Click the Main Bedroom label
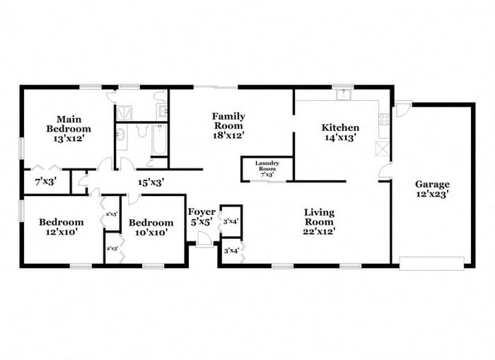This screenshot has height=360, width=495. [69, 124]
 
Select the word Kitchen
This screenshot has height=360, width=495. [340, 128]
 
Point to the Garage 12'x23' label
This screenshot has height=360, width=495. [432, 188]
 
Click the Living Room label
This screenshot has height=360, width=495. [320, 221]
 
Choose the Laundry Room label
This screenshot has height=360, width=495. [267, 168]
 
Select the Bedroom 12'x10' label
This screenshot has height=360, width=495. [60, 226]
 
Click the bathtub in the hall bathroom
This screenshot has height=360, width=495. [159, 140]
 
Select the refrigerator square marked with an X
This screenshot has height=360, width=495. [384, 149]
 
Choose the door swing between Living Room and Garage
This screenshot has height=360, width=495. [385, 171]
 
